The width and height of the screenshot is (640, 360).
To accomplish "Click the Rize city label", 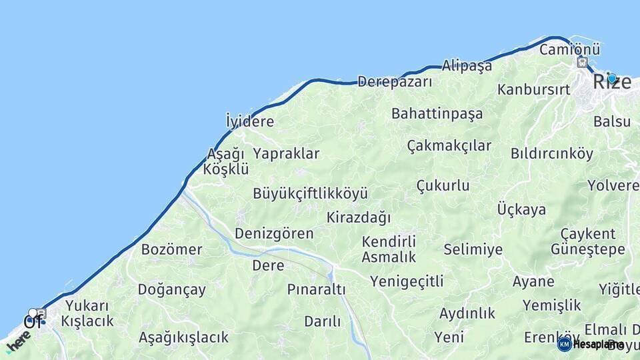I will pos(611,83).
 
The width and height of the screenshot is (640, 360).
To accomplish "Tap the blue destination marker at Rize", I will pos(611,78).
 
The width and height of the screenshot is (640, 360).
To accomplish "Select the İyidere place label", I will pos(250,121).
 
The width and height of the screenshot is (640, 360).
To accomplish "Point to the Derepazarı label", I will pos(395,82).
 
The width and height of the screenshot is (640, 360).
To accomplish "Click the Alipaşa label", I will pos(467,65).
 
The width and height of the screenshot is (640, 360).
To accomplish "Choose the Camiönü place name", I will pos(569,49).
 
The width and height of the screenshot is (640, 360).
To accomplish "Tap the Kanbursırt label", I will pos(533,89).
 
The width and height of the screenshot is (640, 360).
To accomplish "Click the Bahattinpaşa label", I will pos(437,113).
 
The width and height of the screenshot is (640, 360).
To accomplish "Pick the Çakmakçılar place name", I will pos(449,145).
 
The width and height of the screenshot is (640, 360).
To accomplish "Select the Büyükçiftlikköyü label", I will pos(310,194).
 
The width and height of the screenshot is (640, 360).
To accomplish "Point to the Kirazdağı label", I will pos(359,217).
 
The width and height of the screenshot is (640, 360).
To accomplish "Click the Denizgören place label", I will pos(274,233).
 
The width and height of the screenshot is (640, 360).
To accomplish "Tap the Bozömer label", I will pos(171,250).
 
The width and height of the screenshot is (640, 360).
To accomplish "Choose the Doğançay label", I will pos(171,290).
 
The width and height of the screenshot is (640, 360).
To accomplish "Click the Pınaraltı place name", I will pos(316,289).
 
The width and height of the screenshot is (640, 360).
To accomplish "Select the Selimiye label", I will pos(473,249).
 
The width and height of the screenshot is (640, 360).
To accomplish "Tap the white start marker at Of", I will pos(33,313).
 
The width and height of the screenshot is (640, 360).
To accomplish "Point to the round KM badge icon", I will pos(565,344).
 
